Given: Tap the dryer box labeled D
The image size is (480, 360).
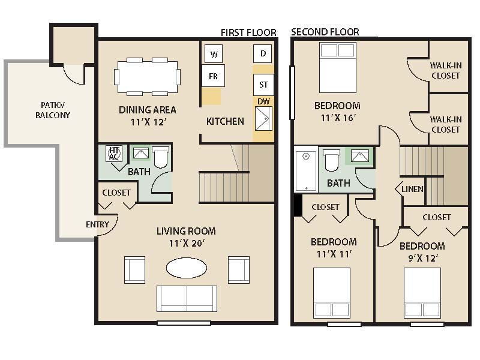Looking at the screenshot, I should coord(263,53).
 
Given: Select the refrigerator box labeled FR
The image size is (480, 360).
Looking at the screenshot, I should coord(213,76).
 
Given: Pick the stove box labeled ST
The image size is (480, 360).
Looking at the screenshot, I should coord(263,85).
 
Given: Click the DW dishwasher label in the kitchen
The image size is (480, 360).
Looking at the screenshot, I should coord(263,101).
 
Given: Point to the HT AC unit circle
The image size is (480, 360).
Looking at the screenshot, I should coord(114,154).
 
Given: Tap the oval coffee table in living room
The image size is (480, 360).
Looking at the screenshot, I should coord(187,268).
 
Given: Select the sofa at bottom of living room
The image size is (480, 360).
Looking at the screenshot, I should coord(187,298).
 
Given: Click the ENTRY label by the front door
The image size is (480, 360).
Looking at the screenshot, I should coord(98,224).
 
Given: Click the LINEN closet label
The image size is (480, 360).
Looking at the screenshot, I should coord(413,189).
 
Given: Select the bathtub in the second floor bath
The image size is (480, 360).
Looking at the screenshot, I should coord(305,170).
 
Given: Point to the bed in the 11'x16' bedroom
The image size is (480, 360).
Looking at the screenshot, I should coord(337,67).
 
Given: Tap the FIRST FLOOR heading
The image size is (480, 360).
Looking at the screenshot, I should coord(248,32).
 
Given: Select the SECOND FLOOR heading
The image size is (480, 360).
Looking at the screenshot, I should coord(325,32).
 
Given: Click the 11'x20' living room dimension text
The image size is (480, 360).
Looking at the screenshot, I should coord(186,244).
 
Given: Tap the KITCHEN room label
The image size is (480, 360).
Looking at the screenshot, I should coord(225,121).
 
